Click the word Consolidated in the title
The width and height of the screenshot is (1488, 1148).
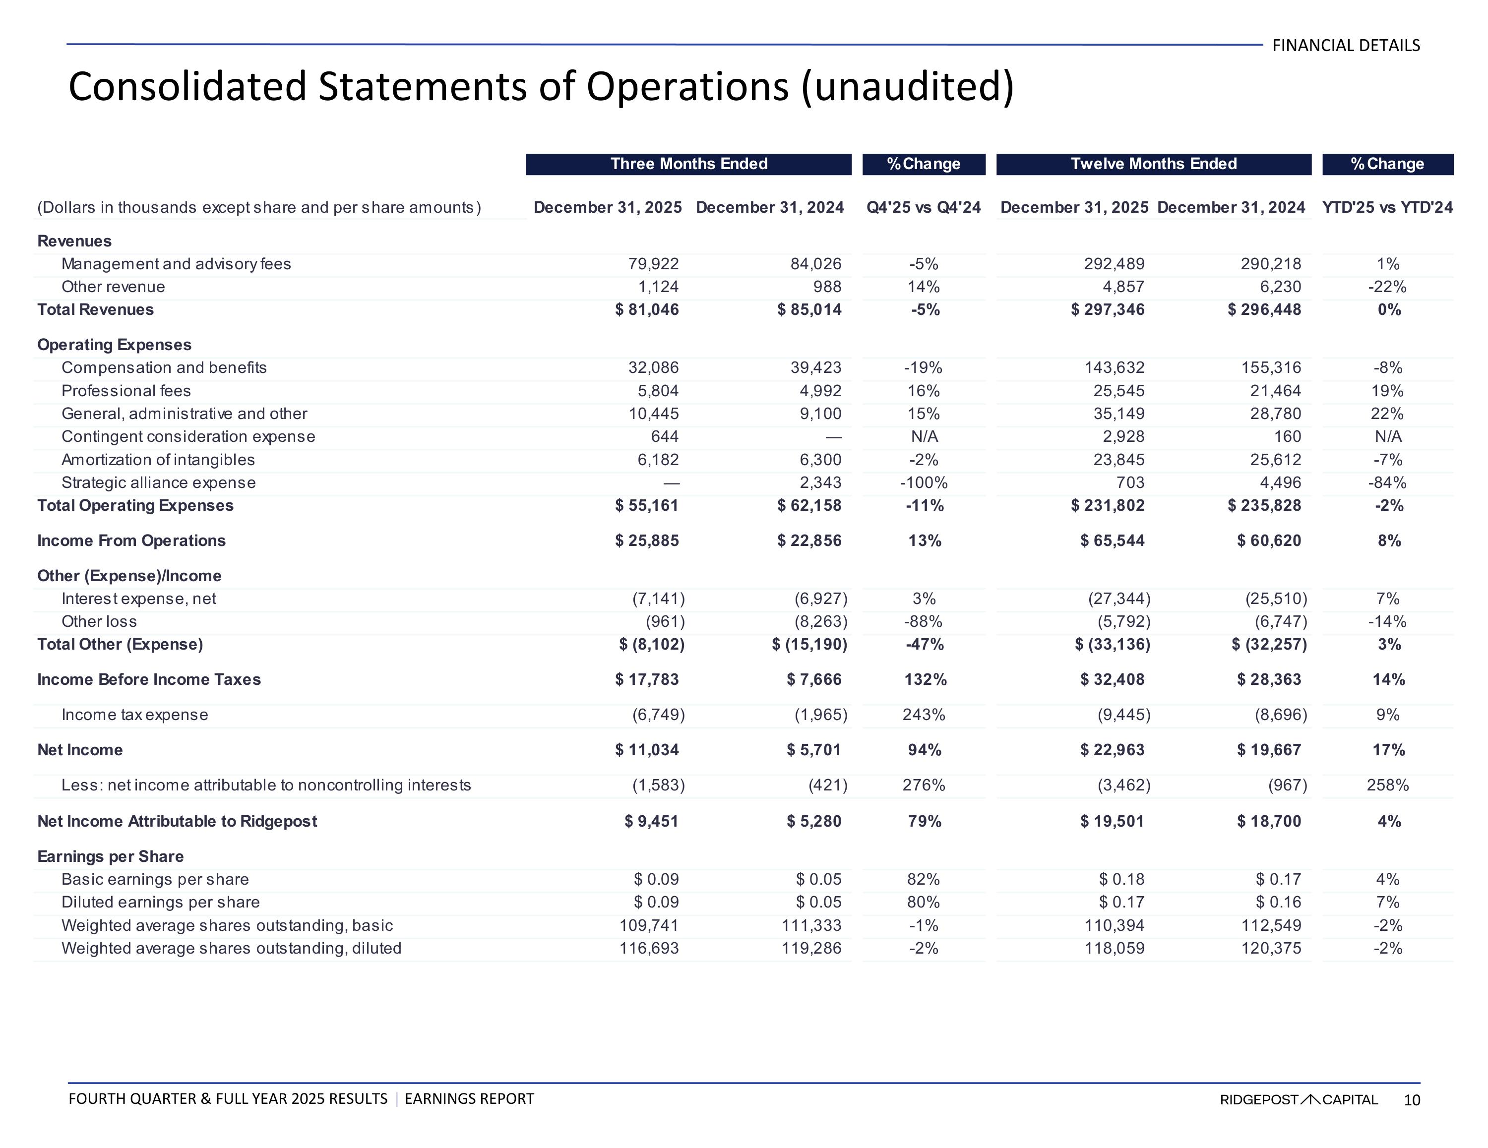tap(187, 87)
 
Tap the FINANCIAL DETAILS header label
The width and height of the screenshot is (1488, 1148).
tap(1346, 46)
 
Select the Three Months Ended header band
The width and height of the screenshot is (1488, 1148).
tap(688, 164)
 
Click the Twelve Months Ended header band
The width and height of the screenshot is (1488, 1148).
tap(1154, 164)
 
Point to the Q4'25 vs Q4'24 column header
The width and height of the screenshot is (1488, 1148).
tap(923, 207)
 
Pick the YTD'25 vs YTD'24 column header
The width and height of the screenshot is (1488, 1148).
tap(1387, 207)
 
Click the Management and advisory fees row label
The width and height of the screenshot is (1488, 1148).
tap(176, 264)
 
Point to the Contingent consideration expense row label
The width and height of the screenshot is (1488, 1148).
tap(188, 437)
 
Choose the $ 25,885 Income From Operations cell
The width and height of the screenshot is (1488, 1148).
tap(647, 541)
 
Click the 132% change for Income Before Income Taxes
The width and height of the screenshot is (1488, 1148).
tap(924, 680)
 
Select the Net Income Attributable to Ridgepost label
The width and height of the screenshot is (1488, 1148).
tap(177, 822)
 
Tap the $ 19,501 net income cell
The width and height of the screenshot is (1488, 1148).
tap(1112, 822)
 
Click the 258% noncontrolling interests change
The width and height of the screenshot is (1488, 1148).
tap(1387, 785)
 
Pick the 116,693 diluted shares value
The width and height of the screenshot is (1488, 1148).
tap(649, 948)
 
